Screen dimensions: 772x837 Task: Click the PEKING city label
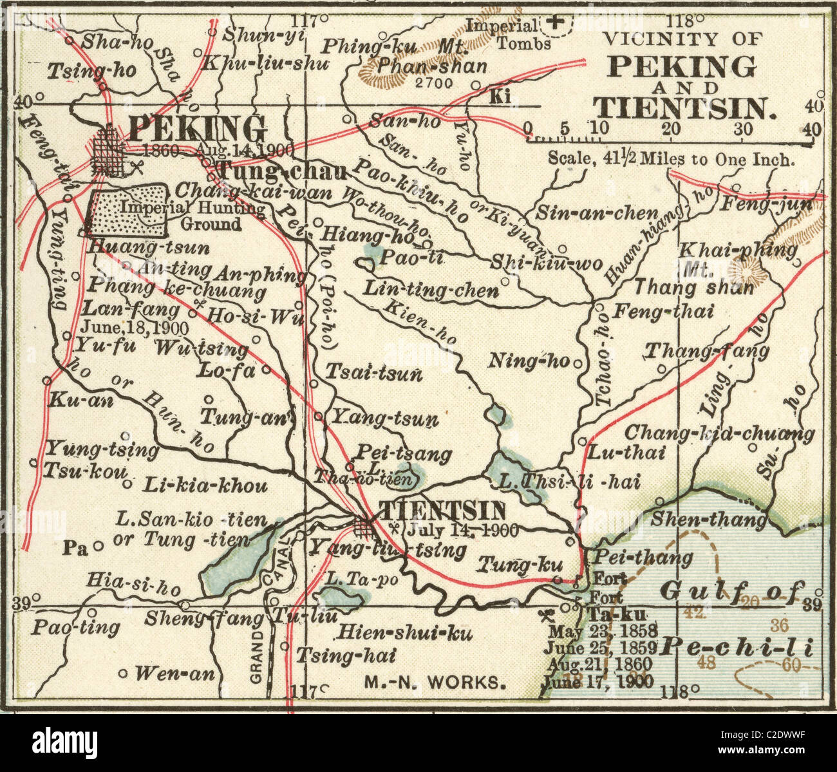tap(197, 129)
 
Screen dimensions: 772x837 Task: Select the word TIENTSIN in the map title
tap(682, 107)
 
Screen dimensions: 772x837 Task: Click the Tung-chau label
tap(282, 171)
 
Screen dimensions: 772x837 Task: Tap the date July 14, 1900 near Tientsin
tap(462, 531)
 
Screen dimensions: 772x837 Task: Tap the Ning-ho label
tap(529, 361)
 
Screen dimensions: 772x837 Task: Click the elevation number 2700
tap(433, 82)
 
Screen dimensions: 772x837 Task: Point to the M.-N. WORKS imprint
tap(436, 682)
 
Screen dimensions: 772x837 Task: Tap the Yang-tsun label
tap(384, 419)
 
